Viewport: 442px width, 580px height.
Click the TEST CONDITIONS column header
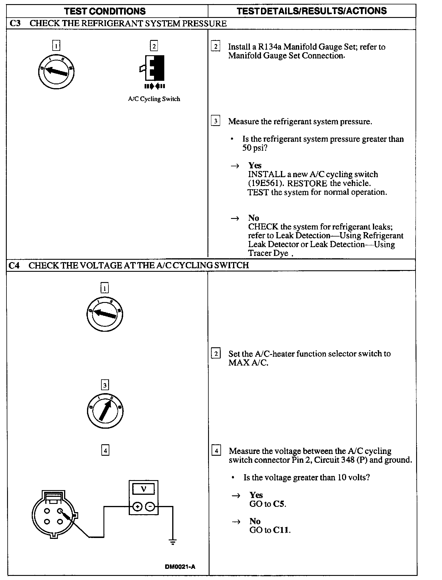[x=105, y=11]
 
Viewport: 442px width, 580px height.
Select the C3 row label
[x=15, y=24]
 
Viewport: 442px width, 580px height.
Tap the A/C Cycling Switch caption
[x=154, y=99]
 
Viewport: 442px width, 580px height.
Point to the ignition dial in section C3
[x=56, y=71]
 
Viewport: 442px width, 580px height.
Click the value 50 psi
[x=255, y=148]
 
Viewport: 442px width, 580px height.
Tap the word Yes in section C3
[x=255, y=165]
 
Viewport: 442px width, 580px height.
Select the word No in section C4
[x=255, y=521]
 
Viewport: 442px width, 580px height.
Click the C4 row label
[x=14, y=265]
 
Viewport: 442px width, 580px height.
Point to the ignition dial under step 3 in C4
[x=105, y=411]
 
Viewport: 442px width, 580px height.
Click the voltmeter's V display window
[x=143, y=489]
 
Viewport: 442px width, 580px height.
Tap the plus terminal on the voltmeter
[x=137, y=507]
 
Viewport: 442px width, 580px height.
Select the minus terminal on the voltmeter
[x=150, y=507]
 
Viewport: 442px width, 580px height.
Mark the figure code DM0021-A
[x=180, y=567]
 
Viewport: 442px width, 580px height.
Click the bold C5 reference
[x=279, y=504]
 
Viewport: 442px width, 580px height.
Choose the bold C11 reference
[x=281, y=530]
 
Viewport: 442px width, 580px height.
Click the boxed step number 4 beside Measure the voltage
[x=216, y=451]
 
